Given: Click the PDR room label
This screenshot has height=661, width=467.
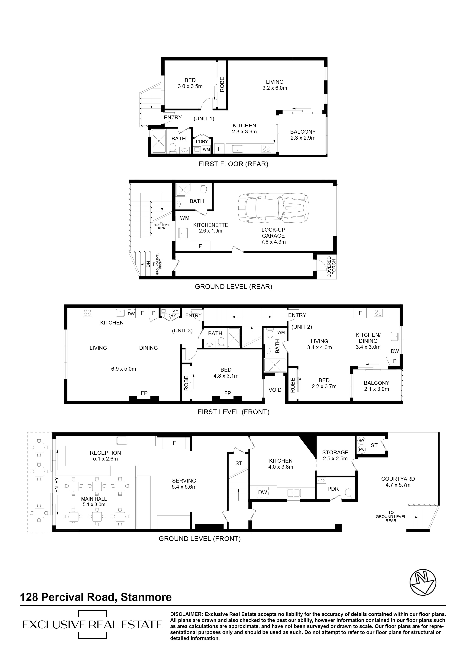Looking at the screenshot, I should [x=333, y=489].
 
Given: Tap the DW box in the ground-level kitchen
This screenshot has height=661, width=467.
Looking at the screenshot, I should [x=262, y=492].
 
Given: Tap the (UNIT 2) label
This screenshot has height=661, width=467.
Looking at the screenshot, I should [x=301, y=327].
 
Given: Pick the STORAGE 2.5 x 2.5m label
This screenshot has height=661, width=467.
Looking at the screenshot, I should [x=335, y=455].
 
